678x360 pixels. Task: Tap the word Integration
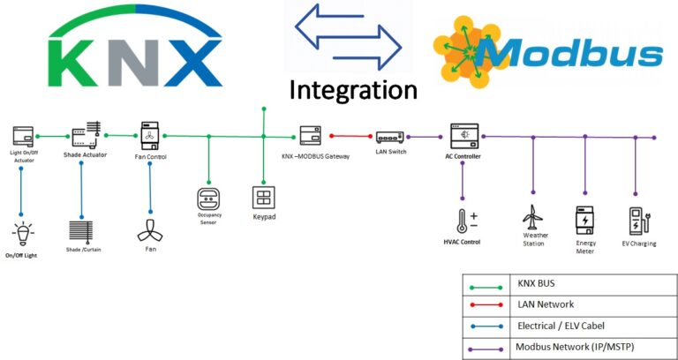click(x=353, y=91)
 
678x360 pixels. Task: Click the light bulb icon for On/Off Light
click(x=22, y=234)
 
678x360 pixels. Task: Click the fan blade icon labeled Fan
click(x=149, y=231)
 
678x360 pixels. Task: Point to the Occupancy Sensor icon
click(x=207, y=197)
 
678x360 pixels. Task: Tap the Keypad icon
click(x=264, y=197)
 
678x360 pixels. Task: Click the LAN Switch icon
click(x=389, y=137)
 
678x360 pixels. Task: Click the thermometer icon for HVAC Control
click(x=463, y=221)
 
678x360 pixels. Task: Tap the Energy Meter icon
click(x=584, y=220)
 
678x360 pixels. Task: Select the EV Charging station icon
click(x=637, y=220)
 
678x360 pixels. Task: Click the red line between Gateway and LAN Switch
click(x=350, y=137)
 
